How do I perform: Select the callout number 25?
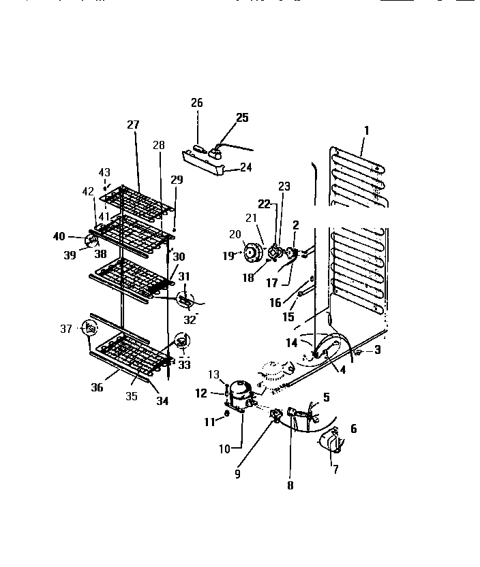[243, 118]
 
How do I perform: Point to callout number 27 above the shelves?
[132, 125]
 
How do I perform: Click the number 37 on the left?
[66, 329]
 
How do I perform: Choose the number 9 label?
[238, 474]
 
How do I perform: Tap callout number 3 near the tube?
[377, 349]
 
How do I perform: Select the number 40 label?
[59, 236]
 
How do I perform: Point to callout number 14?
[292, 343]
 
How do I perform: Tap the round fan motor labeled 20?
[254, 253]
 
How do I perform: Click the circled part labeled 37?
[89, 328]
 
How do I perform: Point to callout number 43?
[104, 173]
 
